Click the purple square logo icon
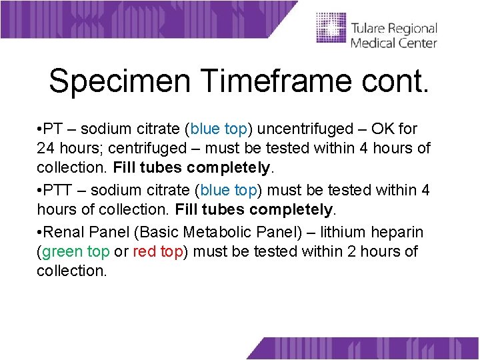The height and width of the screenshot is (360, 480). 331,29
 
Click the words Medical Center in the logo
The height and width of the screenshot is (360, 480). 393,43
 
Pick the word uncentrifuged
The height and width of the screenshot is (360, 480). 311,129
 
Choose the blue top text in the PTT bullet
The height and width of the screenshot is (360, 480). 229,190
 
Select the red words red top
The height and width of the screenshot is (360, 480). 157,251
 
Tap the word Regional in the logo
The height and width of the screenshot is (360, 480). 414,29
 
